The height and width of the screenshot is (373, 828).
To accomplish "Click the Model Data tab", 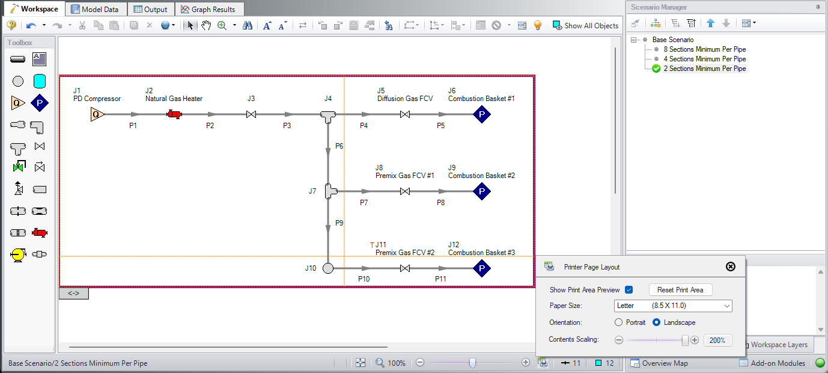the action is tap(95, 9).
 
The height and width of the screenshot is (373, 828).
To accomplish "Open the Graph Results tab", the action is tap(208, 9).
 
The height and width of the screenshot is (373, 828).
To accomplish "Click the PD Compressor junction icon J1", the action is tap(97, 114).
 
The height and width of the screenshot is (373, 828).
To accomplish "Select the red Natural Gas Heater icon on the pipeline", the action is tap(174, 114).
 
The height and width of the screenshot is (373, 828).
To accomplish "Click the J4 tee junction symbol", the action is tap(328, 117).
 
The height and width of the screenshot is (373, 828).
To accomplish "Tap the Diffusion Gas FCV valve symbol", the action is tap(405, 114).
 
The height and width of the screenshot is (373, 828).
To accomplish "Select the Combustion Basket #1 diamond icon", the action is tap(482, 114).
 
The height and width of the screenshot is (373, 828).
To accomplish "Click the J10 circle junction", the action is tap(328, 268).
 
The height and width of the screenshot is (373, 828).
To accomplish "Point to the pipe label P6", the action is tap(339, 146).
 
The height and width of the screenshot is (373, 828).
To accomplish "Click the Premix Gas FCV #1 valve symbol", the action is tap(405, 191).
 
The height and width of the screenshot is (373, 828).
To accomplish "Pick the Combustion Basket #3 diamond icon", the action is tap(482, 268).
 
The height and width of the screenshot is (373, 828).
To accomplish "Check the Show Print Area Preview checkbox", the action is tap(629, 290).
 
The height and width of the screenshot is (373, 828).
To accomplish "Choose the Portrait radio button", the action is tap(618, 322).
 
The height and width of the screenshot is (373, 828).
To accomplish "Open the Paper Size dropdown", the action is tap(673, 306).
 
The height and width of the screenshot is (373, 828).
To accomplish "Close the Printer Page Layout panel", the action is tap(731, 267).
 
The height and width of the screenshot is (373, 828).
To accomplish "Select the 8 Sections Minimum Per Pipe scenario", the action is tap(705, 49).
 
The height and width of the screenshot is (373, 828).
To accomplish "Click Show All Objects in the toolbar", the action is tap(585, 25).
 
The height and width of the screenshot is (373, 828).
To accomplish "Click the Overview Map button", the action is tap(659, 363).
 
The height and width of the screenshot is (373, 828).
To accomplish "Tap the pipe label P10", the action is tap(364, 279).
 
